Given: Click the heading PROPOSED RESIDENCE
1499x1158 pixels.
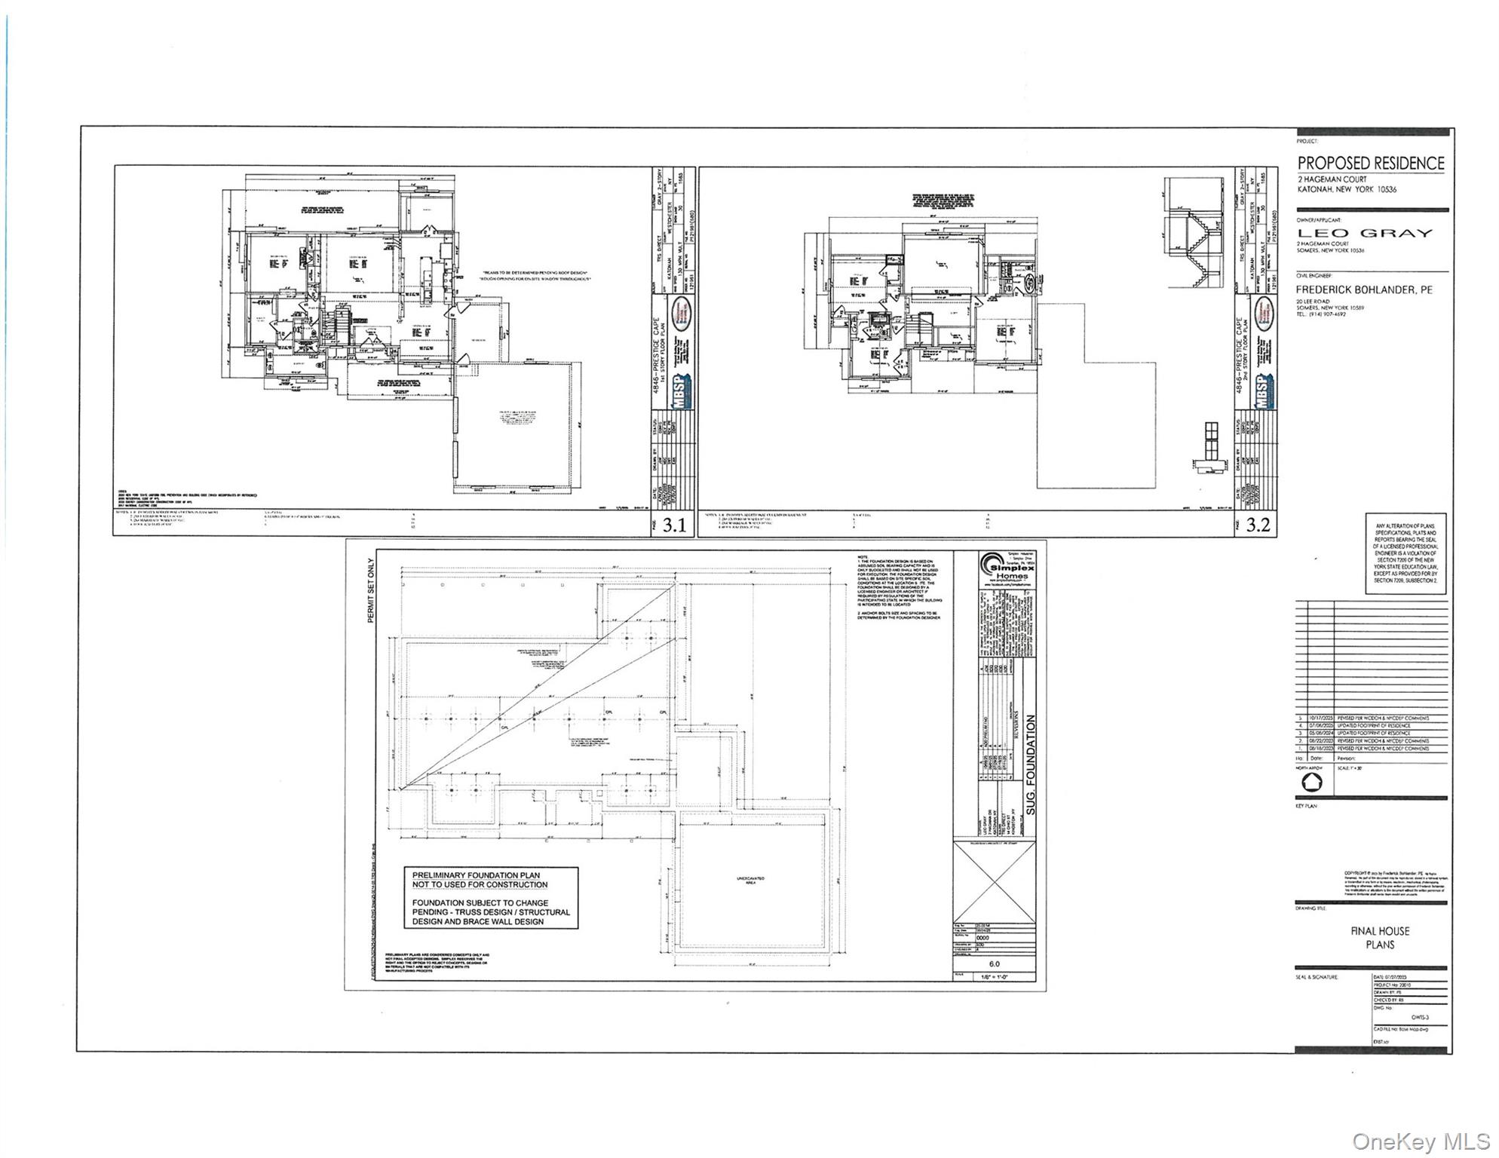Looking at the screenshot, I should (x=1370, y=164).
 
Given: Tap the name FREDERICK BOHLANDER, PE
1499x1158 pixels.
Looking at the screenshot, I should (x=1363, y=289).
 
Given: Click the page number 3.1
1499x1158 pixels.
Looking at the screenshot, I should (x=673, y=525).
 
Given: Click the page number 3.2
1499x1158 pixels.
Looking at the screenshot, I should (x=1257, y=525).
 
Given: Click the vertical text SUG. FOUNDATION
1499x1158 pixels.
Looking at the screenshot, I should (x=1032, y=765).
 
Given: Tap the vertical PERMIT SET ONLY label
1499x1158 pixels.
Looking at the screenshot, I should (x=370, y=590).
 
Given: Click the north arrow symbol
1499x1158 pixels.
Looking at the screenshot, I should (x=1312, y=783).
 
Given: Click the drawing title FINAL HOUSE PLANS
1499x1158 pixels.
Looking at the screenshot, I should (x=1379, y=938).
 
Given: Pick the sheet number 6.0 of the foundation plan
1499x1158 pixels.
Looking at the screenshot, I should (x=994, y=963).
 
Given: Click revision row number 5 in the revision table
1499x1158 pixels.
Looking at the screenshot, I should (x=1300, y=718).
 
